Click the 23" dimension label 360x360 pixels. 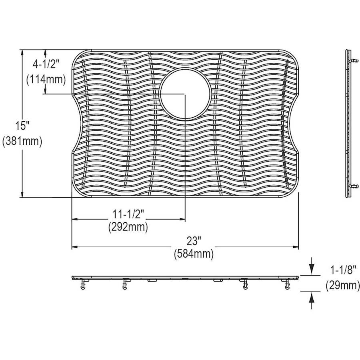194,241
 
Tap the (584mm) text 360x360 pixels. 194,254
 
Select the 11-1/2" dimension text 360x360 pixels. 128,214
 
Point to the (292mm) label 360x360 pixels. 128,227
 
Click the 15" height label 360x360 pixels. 22,126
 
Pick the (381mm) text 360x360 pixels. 22,141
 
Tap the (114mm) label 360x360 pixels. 46,80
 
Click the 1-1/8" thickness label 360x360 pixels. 343,270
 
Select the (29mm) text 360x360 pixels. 342,286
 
